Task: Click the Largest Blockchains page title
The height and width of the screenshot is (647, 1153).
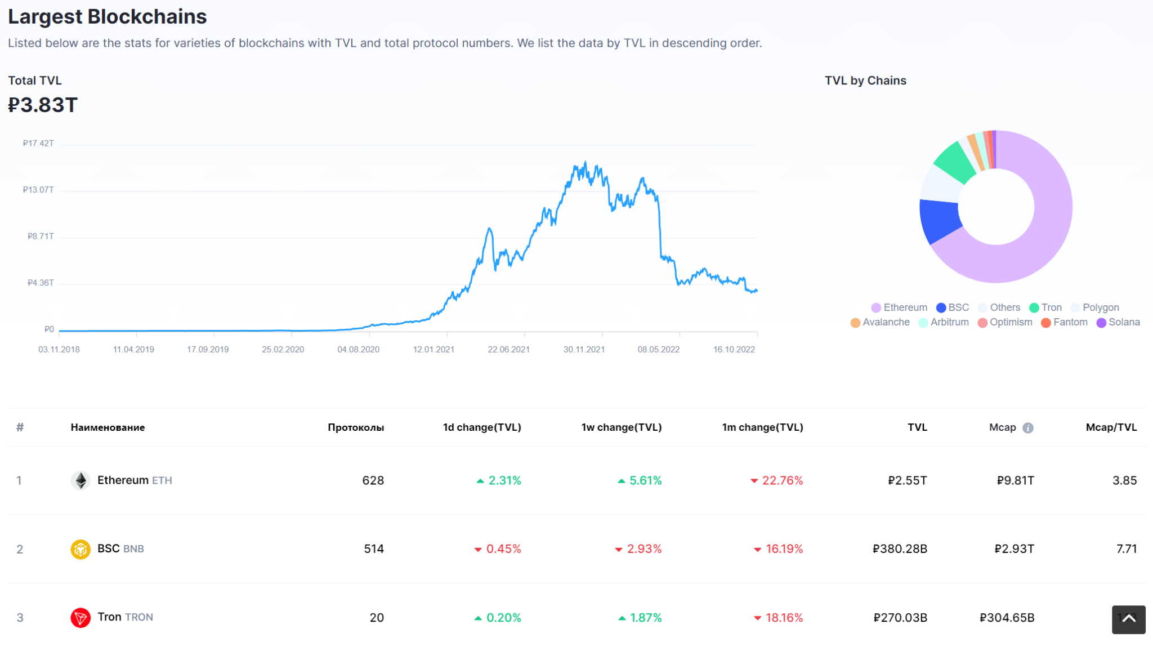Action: pyautogui.click(x=107, y=17)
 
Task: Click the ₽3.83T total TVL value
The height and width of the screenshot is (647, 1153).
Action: pyautogui.click(x=43, y=105)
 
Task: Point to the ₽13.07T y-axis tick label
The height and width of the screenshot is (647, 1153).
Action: pyautogui.click(x=38, y=190)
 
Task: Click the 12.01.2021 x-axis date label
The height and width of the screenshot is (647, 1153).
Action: pyautogui.click(x=433, y=349)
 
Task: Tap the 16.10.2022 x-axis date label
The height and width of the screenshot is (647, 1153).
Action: pyautogui.click(x=734, y=349)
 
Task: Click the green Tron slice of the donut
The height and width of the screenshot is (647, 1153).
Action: pyautogui.click(x=955, y=162)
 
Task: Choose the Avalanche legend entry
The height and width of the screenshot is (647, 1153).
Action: pyautogui.click(x=880, y=322)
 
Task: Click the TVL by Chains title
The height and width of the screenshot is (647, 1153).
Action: pyautogui.click(x=865, y=81)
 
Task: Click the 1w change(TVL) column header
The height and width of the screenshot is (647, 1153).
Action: pyautogui.click(x=621, y=427)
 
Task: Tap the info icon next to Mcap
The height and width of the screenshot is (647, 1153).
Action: pyautogui.click(x=1028, y=428)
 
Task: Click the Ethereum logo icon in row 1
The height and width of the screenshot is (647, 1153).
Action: pyautogui.click(x=81, y=480)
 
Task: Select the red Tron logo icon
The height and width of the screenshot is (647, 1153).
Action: pyautogui.click(x=81, y=618)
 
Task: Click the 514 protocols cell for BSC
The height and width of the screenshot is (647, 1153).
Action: pyautogui.click(x=373, y=549)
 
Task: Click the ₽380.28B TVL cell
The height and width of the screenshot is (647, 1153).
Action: pyautogui.click(x=899, y=549)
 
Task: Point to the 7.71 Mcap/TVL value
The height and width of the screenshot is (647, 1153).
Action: pyautogui.click(x=1126, y=549)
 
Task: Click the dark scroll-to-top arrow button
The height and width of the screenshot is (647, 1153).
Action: pyautogui.click(x=1128, y=619)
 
